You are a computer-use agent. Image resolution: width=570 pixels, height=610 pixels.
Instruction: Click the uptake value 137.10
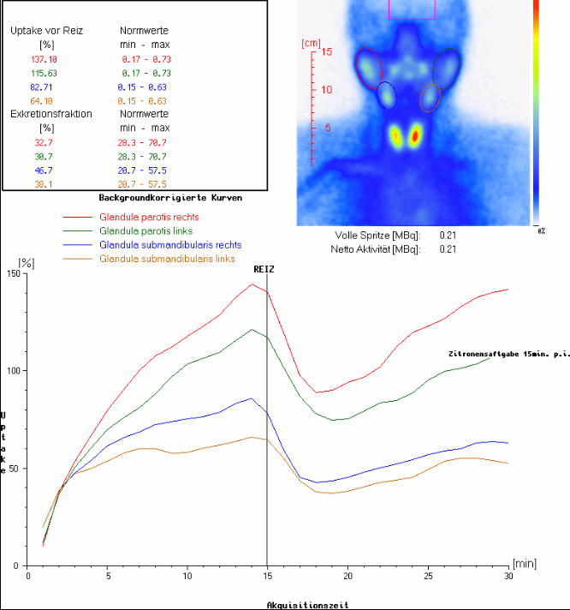point(44,59)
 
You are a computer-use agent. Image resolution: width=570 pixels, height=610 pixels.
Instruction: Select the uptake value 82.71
point(41,87)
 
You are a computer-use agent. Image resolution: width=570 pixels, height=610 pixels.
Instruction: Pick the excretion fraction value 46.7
point(44,170)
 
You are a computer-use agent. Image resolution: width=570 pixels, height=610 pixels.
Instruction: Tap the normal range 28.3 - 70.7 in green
point(142,157)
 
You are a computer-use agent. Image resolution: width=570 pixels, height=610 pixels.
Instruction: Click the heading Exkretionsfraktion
point(51,114)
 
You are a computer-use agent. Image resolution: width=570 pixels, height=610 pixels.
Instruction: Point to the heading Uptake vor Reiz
point(46,31)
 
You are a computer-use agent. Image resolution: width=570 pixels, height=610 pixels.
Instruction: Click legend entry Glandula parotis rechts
point(149,217)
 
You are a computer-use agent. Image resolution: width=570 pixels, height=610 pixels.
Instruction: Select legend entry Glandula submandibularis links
point(167,259)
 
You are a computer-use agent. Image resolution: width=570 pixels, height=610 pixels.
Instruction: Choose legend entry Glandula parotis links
point(146,231)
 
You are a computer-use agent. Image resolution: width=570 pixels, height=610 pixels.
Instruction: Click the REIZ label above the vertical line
point(264,269)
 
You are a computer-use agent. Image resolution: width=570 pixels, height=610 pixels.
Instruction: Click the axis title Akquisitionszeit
point(308,605)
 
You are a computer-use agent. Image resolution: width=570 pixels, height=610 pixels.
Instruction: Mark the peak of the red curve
point(252,284)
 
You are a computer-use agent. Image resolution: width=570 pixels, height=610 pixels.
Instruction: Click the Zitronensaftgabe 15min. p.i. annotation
point(509,354)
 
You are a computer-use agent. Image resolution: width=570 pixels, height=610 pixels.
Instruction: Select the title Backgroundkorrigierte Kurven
point(170,198)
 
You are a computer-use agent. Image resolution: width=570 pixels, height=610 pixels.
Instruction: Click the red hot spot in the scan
point(415,136)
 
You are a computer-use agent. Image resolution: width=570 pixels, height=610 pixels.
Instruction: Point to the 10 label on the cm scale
point(327,89)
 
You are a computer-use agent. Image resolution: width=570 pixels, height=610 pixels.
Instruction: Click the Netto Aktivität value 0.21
point(448,249)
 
